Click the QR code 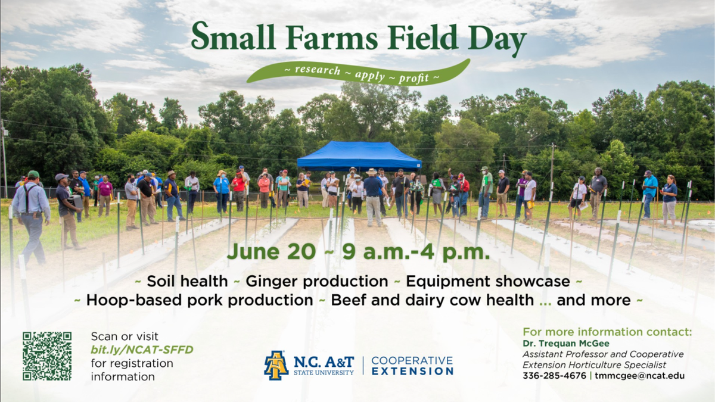click(47, 356)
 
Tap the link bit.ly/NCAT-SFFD click(142, 350)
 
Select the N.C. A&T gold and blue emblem click(276, 365)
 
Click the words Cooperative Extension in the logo click(412, 366)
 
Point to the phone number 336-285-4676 click(554, 376)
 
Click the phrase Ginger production click(317, 281)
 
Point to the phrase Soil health click(187, 281)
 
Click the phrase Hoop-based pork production click(200, 300)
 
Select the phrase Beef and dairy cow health click(432, 300)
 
